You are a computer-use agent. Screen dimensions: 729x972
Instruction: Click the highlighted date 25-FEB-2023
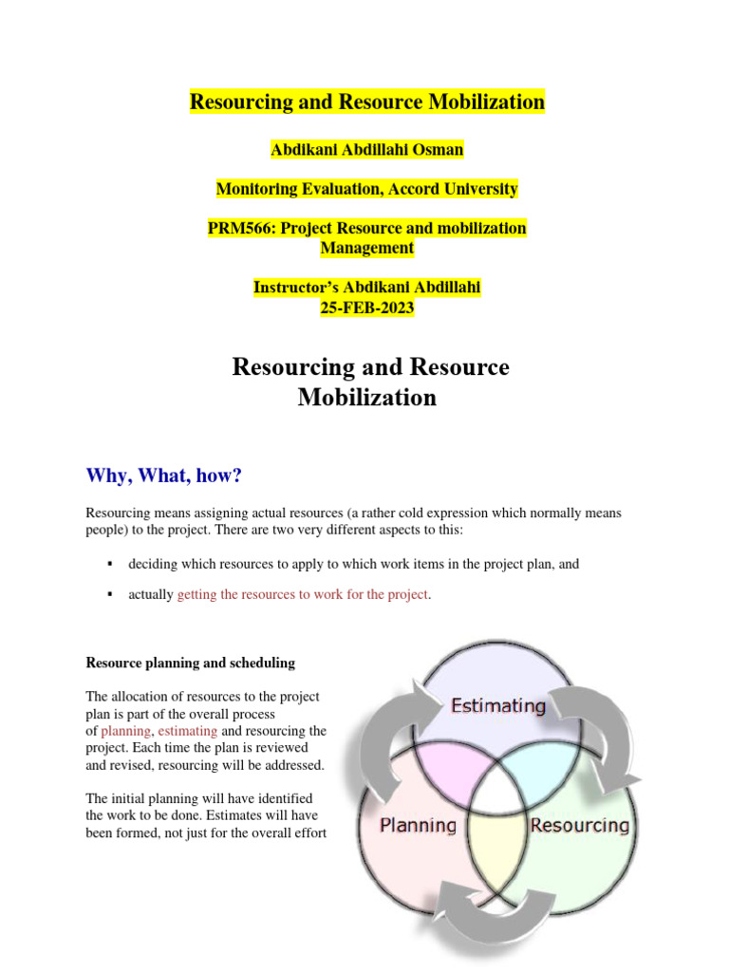367,308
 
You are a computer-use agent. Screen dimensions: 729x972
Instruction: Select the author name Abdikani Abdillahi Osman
367,149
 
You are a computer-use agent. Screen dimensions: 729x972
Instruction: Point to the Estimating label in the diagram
498,706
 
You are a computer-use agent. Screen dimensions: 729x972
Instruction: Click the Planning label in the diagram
418,825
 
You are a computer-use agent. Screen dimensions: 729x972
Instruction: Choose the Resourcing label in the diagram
579,825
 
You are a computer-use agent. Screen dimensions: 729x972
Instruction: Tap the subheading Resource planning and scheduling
190,663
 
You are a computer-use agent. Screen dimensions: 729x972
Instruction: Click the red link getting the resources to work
303,594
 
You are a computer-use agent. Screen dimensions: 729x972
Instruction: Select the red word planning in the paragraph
125,731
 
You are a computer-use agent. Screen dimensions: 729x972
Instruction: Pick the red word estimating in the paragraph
188,731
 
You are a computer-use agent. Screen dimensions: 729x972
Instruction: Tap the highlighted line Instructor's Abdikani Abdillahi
367,288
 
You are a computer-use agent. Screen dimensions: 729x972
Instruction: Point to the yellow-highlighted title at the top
367,102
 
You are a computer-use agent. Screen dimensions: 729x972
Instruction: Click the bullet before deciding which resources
110,564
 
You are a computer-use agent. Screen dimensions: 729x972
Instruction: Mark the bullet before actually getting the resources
110,594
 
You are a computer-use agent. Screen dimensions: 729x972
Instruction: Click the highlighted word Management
367,248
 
